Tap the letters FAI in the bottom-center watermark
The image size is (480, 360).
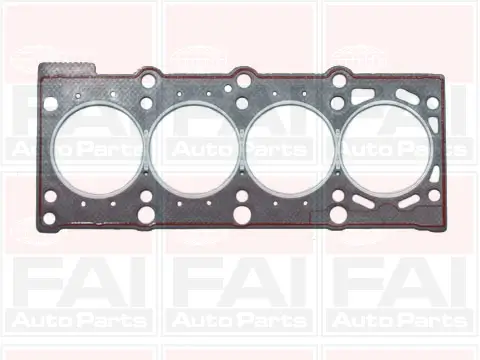pos(240,285)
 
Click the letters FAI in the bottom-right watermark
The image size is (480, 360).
pos(400,285)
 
